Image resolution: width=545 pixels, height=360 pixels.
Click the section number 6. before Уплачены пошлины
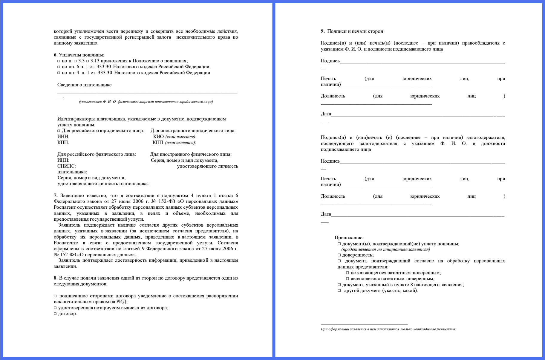tap(56, 55)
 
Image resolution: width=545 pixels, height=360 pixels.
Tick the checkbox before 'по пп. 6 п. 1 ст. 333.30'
tap(59, 67)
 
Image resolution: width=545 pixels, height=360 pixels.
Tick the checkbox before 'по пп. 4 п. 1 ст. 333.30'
tap(59, 73)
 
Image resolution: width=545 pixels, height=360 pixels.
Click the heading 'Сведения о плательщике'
tap(84, 85)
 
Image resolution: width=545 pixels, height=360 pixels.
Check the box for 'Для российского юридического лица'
tap(59, 131)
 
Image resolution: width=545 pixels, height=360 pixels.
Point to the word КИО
tap(158, 137)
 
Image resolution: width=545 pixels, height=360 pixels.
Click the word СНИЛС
tap(66, 166)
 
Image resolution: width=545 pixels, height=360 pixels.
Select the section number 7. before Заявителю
tap(56, 196)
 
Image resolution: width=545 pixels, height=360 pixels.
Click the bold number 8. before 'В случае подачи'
tap(56, 278)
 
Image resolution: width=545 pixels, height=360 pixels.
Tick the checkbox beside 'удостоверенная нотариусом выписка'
tap(55, 308)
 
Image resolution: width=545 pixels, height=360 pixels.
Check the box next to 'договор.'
tap(55, 314)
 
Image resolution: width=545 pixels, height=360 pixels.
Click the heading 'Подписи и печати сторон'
tap(355, 31)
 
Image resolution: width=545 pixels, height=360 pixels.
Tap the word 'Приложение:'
tap(349, 238)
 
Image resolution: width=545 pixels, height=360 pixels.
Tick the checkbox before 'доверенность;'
tap(339, 255)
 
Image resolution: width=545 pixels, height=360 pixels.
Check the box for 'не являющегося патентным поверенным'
tap(347, 273)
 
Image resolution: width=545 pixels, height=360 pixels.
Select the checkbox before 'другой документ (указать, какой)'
tap(339, 291)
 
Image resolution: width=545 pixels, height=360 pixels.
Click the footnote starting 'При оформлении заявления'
tap(388, 329)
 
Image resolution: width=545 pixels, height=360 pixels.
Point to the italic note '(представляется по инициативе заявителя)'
tap(385, 249)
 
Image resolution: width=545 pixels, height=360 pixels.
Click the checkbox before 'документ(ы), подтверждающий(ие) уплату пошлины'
tap(339, 244)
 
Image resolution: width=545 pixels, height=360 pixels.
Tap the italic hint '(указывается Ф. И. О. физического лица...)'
tap(146, 102)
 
